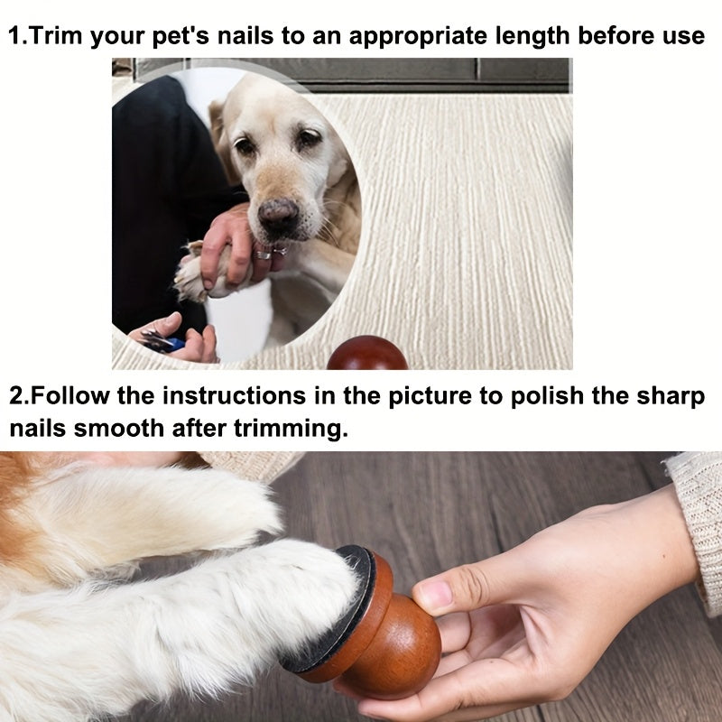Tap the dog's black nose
click(x=278, y=215)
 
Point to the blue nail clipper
click(x=167, y=342)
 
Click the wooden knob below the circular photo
click(x=366, y=355)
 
